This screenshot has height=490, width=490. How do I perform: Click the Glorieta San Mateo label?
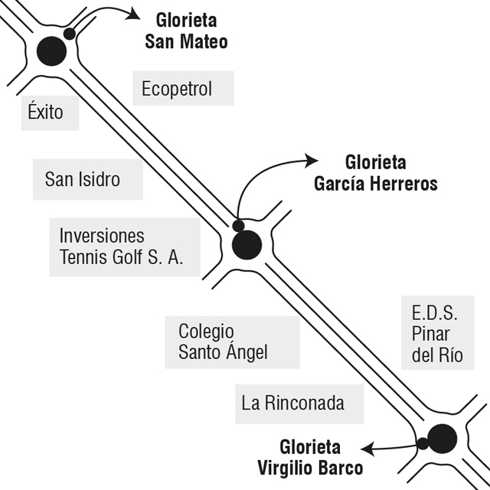click(186, 31)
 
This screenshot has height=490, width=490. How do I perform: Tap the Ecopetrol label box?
click(177, 90)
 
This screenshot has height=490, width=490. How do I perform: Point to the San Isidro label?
click(83, 180)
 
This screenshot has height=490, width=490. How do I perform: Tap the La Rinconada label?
click(292, 403)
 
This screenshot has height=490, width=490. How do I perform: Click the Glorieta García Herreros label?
click(375, 173)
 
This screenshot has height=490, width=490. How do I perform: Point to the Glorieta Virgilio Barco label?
click(311, 457)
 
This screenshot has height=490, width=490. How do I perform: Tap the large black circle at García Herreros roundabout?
click(247, 245)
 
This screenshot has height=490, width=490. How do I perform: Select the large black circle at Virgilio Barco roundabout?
click(442, 438)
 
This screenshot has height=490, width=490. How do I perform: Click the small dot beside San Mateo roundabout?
click(69, 34)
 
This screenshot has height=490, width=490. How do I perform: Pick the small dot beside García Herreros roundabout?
click(238, 226)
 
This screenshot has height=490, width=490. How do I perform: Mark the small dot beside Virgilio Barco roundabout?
click(422, 444)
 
